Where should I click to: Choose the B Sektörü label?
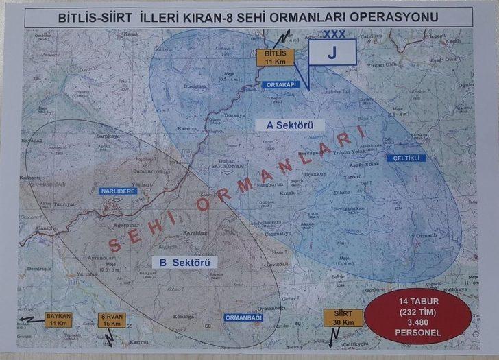click(x=184, y=262)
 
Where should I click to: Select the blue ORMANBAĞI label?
click(x=243, y=317)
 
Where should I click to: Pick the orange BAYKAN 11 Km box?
click(x=58, y=319)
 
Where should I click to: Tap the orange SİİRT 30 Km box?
click(x=339, y=318)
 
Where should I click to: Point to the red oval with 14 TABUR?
click(x=417, y=317)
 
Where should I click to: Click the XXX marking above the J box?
click(x=334, y=33)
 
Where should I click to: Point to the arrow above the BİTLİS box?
click(x=286, y=38)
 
